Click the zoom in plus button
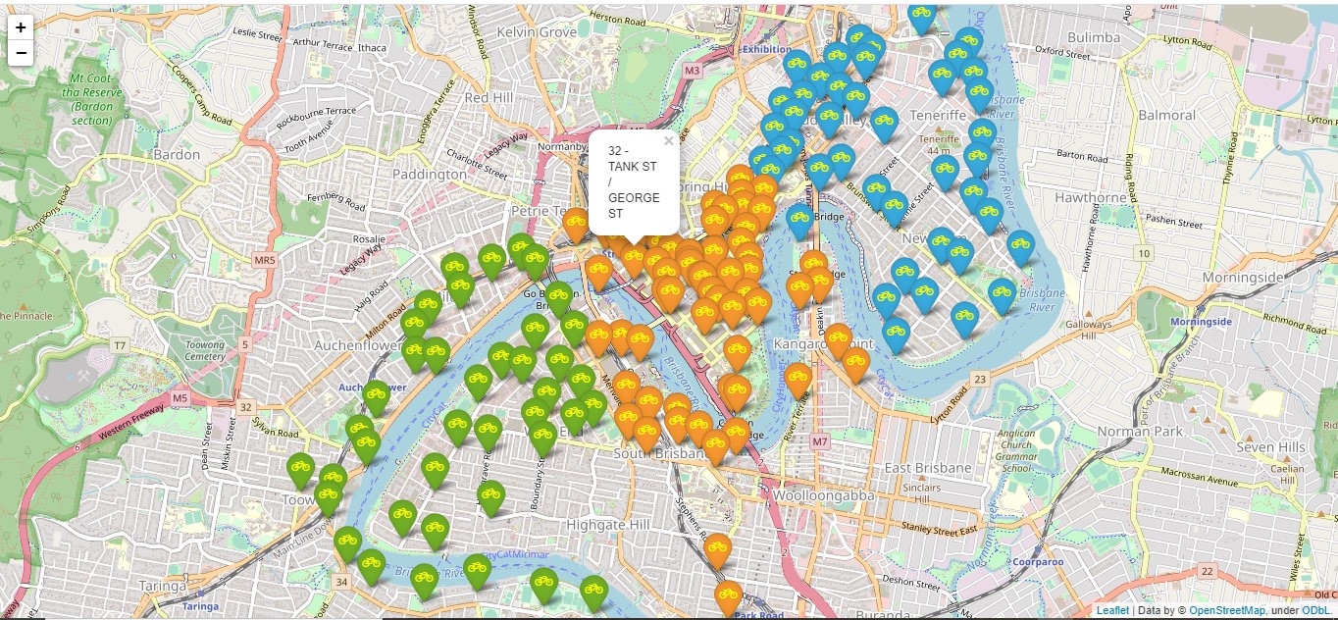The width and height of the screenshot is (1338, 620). [21, 27]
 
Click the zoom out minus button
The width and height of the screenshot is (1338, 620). [21, 53]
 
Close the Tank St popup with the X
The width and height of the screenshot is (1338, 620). [668, 141]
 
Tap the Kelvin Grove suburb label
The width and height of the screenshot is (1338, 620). [537, 32]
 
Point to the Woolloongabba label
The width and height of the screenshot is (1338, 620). [824, 495]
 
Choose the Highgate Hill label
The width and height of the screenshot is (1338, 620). [608, 525]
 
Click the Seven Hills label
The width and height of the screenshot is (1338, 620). [1270, 446]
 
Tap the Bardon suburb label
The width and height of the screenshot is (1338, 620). [177, 154]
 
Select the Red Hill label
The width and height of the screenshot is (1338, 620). [489, 98]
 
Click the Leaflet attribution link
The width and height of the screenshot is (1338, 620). [1112, 610]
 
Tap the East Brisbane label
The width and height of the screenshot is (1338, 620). [928, 468]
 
